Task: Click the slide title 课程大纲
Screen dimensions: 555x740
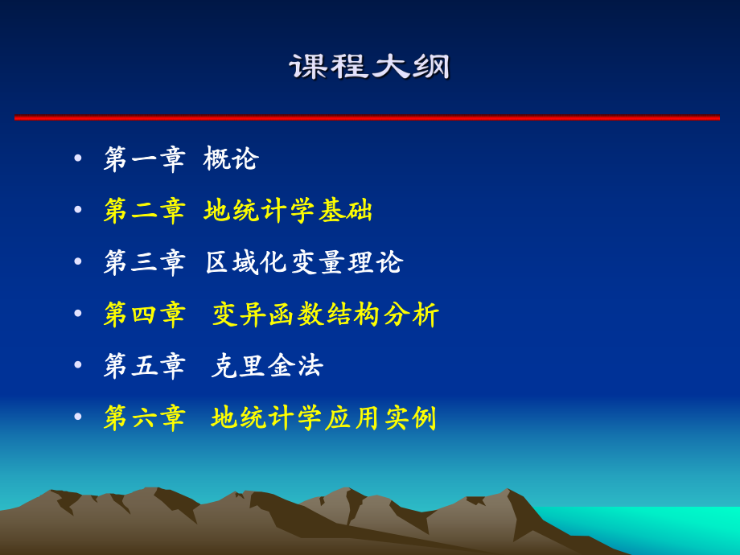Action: click(x=370, y=67)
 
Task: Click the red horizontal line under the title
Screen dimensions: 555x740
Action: click(x=367, y=117)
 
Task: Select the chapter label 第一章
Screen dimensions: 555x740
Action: click(x=145, y=158)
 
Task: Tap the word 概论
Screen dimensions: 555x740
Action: click(x=231, y=158)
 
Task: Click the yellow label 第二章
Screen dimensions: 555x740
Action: click(x=145, y=210)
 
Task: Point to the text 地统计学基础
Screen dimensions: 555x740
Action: click(x=289, y=210)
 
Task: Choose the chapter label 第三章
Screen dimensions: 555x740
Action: click(x=145, y=262)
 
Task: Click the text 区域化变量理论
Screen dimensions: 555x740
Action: click(x=304, y=262)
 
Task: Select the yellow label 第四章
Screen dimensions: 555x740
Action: click(x=145, y=314)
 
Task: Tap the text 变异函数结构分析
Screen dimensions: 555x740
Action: click(x=326, y=314)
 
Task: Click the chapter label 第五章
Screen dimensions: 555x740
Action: click(x=145, y=365)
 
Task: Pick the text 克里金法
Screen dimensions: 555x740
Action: click(x=267, y=365)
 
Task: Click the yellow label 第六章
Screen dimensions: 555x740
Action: click(x=145, y=417)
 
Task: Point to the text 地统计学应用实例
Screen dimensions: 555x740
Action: click(x=324, y=417)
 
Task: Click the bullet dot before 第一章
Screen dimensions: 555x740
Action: click(x=78, y=158)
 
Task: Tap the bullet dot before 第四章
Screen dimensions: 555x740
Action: click(x=78, y=314)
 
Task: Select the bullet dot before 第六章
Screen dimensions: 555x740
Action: click(x=78, y=417)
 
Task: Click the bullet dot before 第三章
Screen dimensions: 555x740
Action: click(x=78, y=262)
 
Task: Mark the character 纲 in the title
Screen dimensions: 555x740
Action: click(x=431, y=67)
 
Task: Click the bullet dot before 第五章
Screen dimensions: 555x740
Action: click(x=78, y=365)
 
